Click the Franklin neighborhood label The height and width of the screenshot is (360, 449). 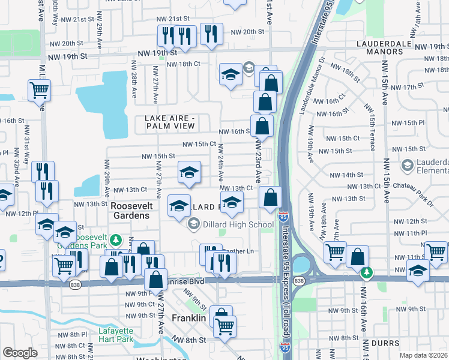pos(190,317)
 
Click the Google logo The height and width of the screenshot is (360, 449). pos(20,352)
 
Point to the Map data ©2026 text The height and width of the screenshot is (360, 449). pos(423,355)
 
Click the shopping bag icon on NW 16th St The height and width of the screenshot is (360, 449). pos(262,125)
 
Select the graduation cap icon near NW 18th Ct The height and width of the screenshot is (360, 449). pos(230,74)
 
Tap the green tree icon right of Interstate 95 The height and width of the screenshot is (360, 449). pos(366,272)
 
